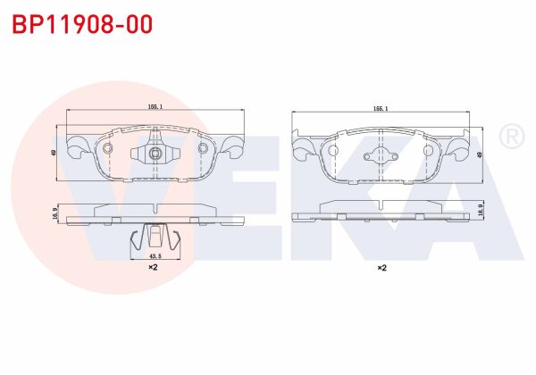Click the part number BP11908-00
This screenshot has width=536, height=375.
click(82, 24)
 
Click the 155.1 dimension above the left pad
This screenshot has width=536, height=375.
click(155, 107)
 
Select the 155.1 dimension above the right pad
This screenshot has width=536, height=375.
click(381, 109)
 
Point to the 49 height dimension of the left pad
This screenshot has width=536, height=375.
click(54, 153)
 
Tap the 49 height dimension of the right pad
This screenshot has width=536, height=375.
click(480, 154)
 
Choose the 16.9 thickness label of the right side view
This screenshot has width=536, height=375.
click(480, 209)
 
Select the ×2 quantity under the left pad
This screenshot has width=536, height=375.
click(153, 267)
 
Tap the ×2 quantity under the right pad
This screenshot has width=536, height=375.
click(381, 268)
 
